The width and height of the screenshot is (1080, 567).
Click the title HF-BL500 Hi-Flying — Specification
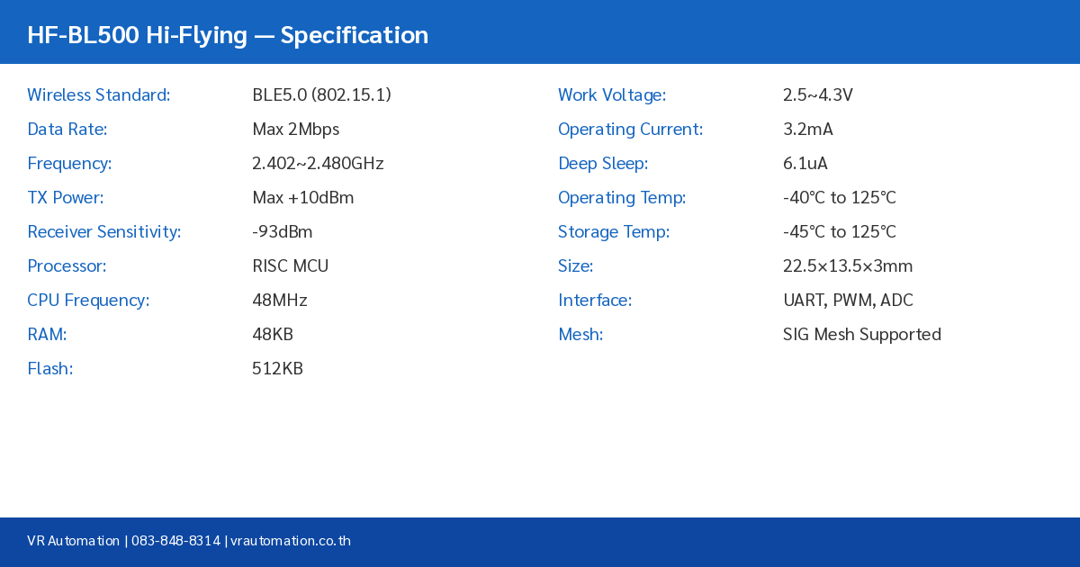coord(228,35)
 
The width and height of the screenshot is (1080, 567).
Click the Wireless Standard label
coord(98,94)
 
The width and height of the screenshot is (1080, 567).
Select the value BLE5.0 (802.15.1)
coord(321,94)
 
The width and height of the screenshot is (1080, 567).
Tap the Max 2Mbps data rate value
coord(295,129)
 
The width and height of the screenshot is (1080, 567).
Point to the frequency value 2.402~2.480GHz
coord(318,163)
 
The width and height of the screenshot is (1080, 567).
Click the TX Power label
coord(65,197)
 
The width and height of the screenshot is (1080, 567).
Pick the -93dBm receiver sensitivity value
coord(282,231)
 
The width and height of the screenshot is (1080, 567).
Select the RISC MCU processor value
coord(290,265)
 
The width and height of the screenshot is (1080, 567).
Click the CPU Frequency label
coord(88,300)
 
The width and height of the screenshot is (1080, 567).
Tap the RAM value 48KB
coord(272,334)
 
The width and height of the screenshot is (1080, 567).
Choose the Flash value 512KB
coord(277,368)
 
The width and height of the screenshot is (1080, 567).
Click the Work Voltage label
coord(612,94)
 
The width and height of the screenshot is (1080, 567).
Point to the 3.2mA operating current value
coord(807,129)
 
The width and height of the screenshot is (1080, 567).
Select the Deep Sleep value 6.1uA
coord(805,163)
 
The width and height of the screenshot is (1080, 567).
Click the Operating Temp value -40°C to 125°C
coord(839,197)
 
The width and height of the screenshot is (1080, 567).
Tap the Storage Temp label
coord(614,231)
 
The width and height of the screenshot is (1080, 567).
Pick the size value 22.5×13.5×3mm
coord(847,265)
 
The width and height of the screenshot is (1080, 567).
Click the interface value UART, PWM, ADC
coord(848,300)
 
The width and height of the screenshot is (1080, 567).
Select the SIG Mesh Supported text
coord(861,334)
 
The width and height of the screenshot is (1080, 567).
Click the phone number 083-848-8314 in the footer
coord(175,541)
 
